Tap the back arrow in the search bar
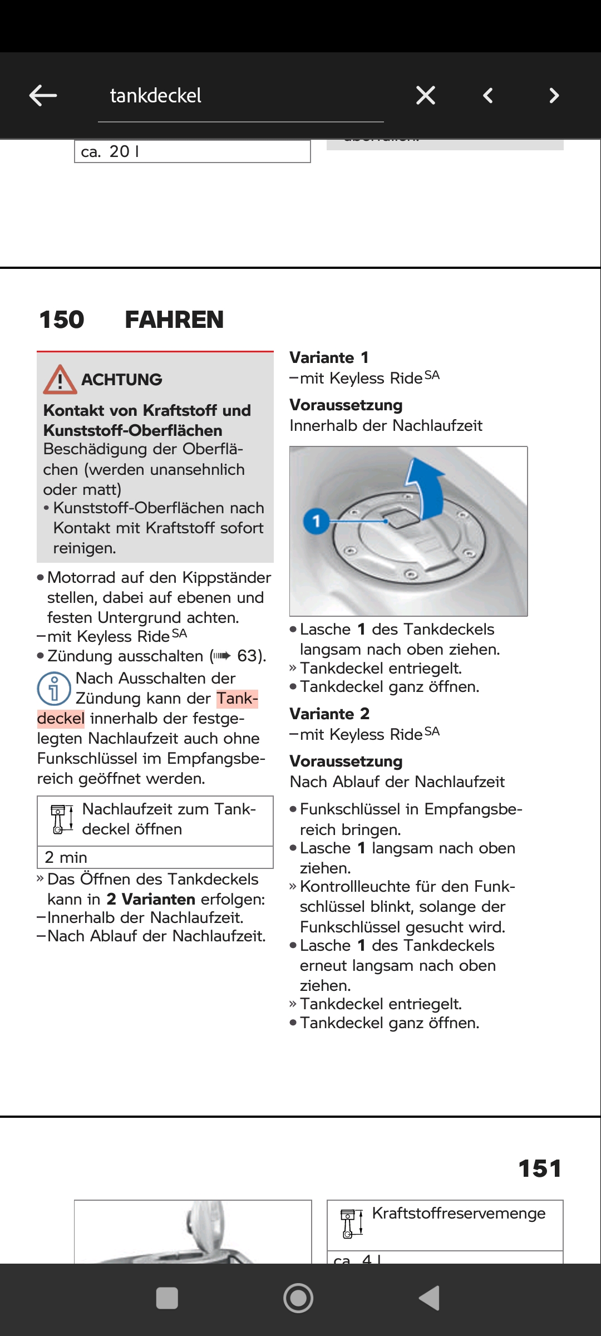coord(43,96)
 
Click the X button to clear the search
coord(426,96)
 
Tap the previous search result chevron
coord(488,96)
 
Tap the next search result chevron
coord(554,96)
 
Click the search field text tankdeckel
coord(156,96)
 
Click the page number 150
coord(62,320)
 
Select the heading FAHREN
coord(174,320)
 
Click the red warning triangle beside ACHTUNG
coord(60,380)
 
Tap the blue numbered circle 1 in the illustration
coord(316,522)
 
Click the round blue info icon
coord(54,689)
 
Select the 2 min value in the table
coord(66,857)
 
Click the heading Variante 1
coord(329,357)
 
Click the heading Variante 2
coord(329,714)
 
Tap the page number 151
coord(540,1168)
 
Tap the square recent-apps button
coord(167,1298)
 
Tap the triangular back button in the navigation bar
coord(430,1298)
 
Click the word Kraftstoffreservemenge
coord(459,1214)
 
